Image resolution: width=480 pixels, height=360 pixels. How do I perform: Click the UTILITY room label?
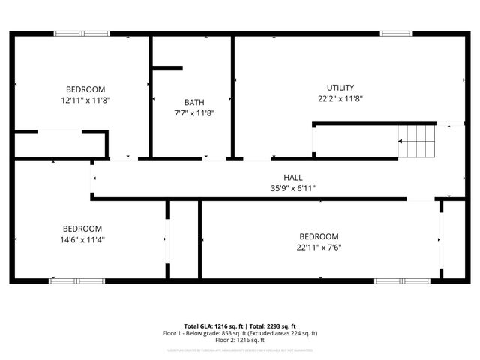pyautogui.click(x=340, y=88)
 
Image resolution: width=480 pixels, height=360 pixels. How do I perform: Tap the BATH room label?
pyautogui.click(x=194, y=102)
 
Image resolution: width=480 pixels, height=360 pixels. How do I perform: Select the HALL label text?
pyautogui.click(x=282, y=177)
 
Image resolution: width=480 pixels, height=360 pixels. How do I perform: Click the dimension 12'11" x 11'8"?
pyautogui.click(x=85, y=99)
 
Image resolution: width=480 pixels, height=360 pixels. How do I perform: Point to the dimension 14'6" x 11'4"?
pyautogui.click(x=82, y=240)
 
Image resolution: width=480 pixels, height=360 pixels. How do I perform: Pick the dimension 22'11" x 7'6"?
pyautogui.click(x=319, y=247)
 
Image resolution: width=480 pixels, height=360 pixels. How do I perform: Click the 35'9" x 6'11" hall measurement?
pyautogui.click(x=282, y=188)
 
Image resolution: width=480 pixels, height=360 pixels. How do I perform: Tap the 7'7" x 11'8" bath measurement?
pyautogui.click(x=194, y=113)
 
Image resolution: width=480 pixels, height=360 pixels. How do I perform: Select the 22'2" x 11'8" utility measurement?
pyautogui.click(x=340, y=98)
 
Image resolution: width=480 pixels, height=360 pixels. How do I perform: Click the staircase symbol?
pyautogui.click(x=416, y=141)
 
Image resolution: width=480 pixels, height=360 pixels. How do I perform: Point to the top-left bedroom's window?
pyautogui.click(x=81, y=34)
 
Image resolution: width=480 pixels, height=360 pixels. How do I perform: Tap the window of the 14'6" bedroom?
pyautogui.click(x=76, y=281)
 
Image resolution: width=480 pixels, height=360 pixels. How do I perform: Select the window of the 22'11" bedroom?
pyautogui.click(x=401, y=281)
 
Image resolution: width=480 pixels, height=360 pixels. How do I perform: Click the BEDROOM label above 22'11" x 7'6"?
pyautogui.click(x=319, y=236)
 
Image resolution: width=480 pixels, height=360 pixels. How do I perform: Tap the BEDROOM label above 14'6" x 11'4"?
pyautogui.click(x=82, y=229)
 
